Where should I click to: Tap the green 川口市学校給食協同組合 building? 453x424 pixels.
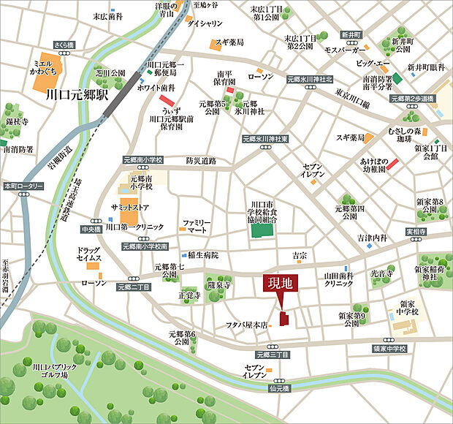click(261, 231)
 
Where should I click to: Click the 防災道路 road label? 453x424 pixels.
click(201, 161)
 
